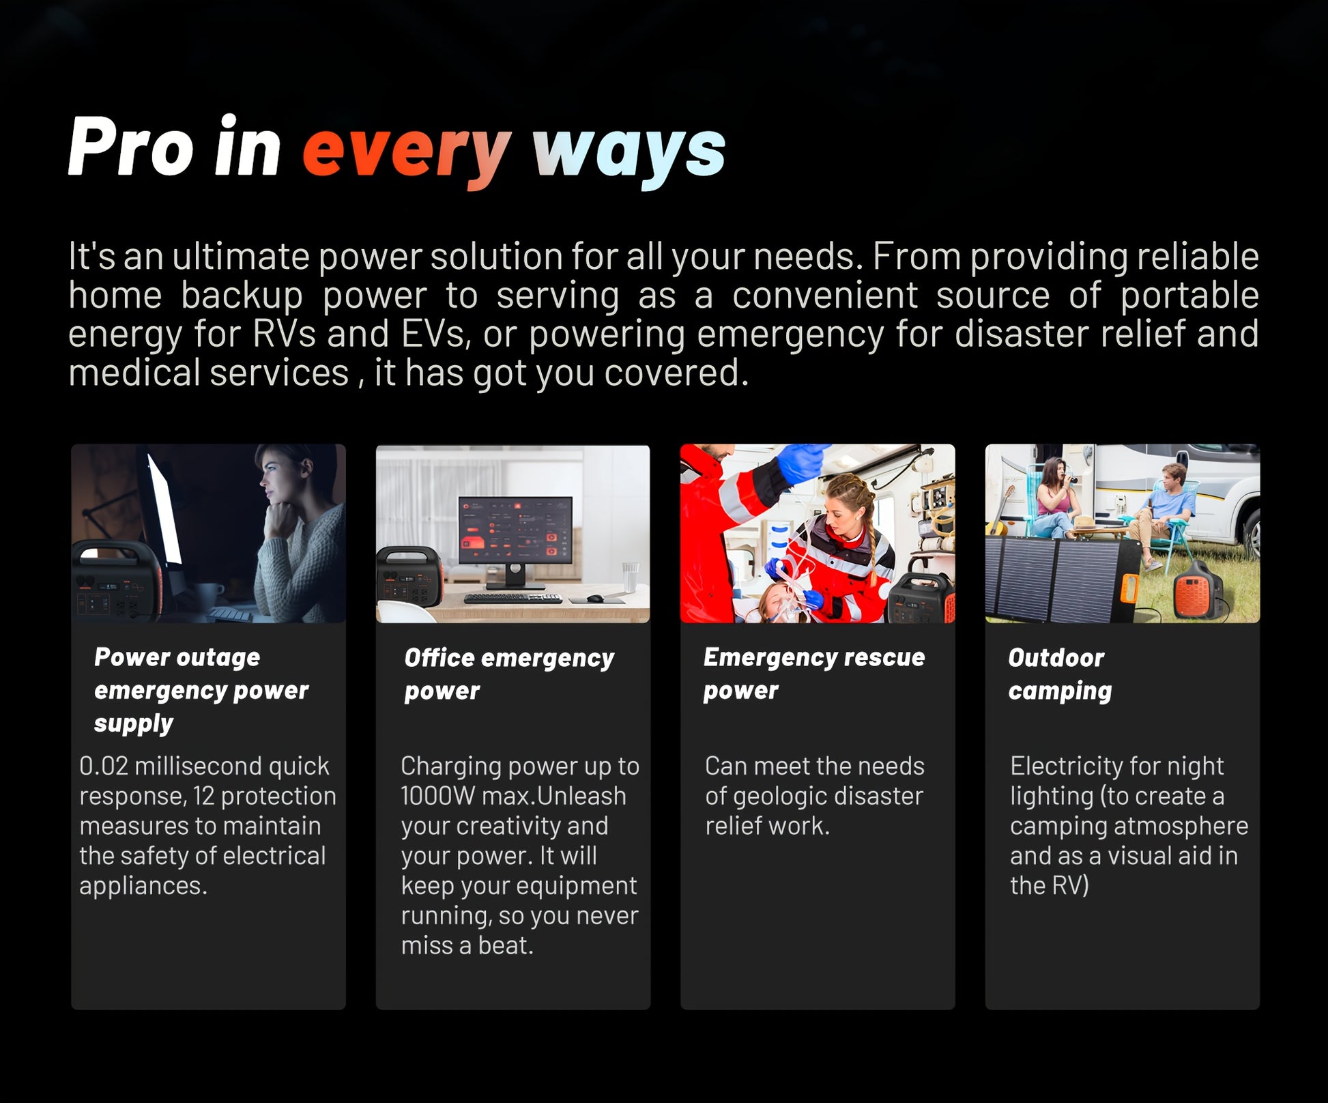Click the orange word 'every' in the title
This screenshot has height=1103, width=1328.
click(407, 151)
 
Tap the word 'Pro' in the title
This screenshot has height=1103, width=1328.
click(130, 146)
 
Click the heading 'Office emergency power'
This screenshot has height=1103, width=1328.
click(509, 674)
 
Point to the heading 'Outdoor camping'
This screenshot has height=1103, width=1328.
click(1060, 674)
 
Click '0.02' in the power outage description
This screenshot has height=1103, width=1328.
click(104, 766)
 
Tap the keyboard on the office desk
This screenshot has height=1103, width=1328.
click(513, 599)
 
